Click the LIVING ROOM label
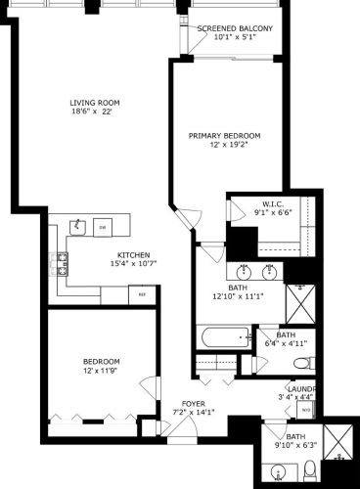point(94,103)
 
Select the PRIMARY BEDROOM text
point(225,135)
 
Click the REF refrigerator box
point(141,293)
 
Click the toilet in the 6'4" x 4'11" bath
point(302,363)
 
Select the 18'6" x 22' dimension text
point(94,112)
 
